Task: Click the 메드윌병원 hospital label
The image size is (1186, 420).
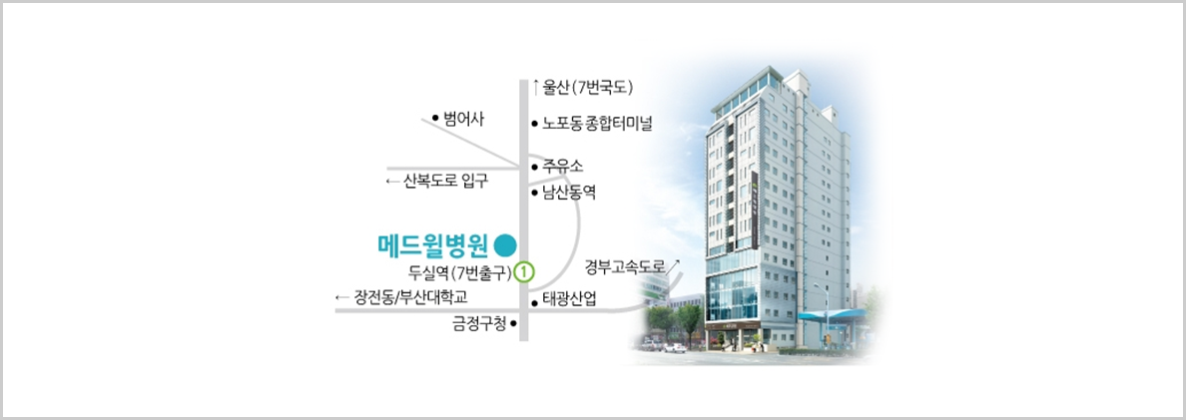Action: point(433,244)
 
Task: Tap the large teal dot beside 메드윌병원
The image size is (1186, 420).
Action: point(505,244)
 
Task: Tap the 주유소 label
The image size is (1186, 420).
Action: point(563,166)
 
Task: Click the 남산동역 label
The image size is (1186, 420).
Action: point(569,194)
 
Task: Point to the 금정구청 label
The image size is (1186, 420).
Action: point(479,325)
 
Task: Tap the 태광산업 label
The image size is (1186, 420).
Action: point(570,300)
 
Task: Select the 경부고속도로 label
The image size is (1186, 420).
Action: point(625,266)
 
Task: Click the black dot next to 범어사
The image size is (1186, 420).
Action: point(435,117)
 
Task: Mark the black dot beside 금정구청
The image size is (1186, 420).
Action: point(513,325)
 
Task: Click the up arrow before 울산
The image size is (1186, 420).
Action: point(536,87)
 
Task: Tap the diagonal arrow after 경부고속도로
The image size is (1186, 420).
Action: point(676,262)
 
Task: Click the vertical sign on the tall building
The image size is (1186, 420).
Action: point(756,210)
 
